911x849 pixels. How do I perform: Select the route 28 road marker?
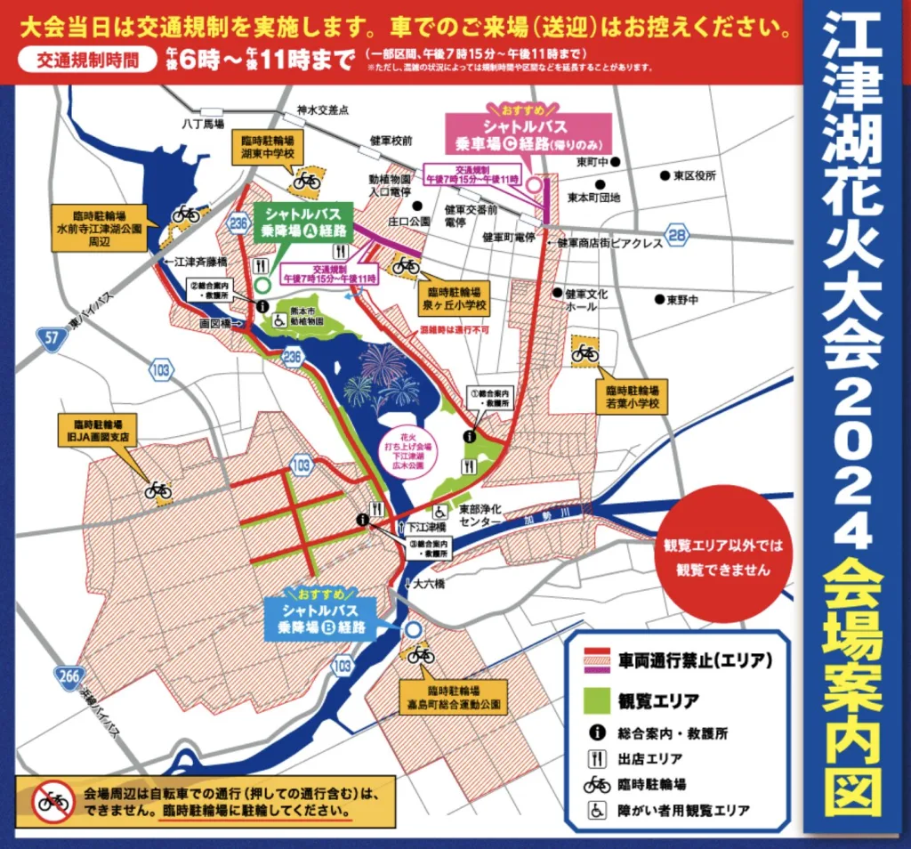[x=678, y=234]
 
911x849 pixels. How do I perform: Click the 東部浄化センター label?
[x=480, y=517]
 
